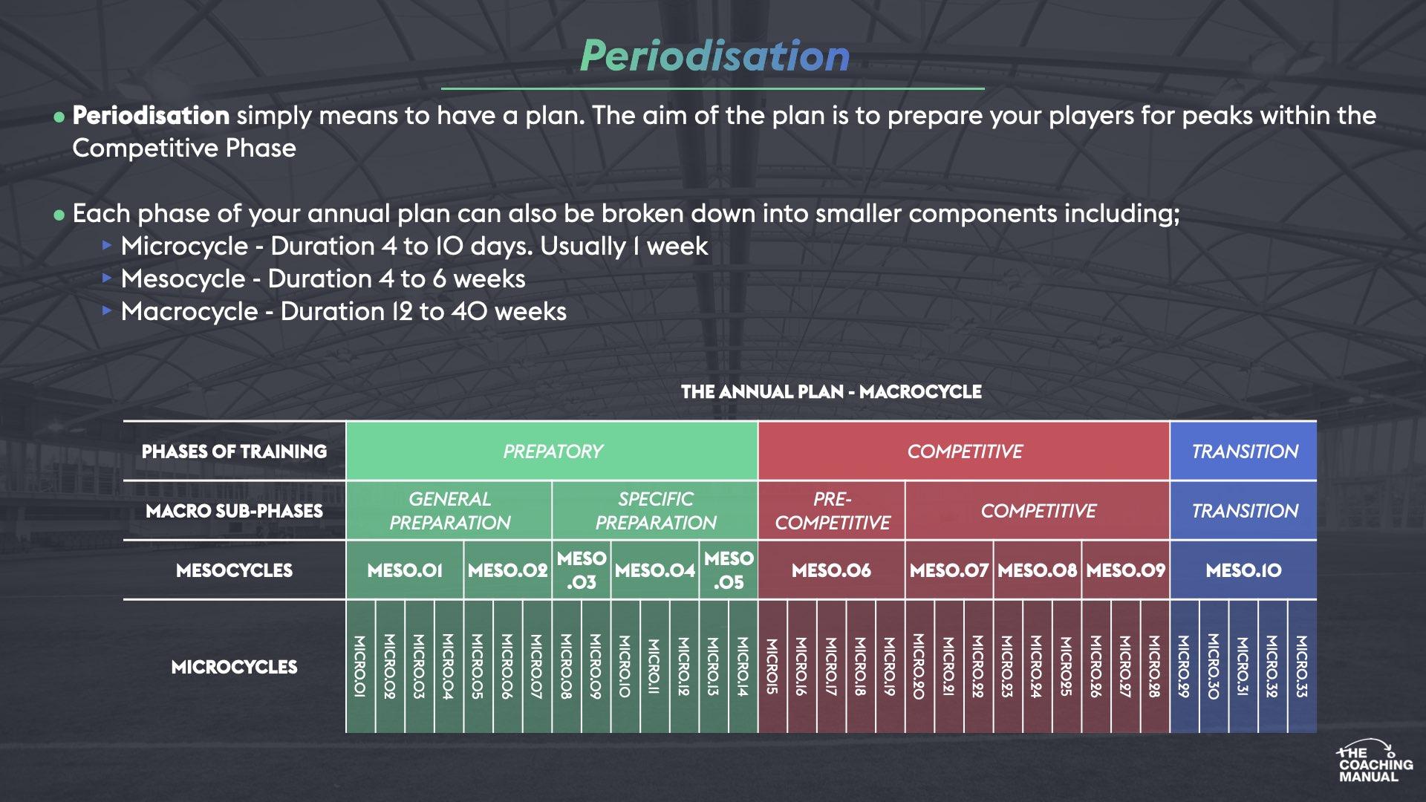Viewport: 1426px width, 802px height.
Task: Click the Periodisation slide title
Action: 714,56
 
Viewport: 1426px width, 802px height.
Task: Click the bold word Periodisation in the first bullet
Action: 151,116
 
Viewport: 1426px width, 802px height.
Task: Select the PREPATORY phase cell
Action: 553,451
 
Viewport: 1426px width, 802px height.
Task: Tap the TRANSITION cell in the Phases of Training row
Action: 1244,451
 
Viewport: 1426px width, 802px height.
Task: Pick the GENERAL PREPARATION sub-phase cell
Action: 449,511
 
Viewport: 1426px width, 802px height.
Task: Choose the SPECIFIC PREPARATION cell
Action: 655,511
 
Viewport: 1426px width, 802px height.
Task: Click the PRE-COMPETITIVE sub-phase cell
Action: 832,511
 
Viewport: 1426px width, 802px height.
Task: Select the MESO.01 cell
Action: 405,570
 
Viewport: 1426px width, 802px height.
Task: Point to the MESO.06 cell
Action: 831,570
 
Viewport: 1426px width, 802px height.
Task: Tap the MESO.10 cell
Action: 1243,570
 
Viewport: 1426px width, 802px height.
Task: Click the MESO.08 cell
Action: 1037,570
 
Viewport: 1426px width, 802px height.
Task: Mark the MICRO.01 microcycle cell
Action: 360,666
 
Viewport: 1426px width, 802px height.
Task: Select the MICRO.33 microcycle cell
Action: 1302,666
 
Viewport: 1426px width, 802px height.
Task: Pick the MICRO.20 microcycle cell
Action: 919,666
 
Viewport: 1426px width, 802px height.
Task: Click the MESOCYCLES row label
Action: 234,570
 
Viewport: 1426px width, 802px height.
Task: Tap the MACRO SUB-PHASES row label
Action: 234,511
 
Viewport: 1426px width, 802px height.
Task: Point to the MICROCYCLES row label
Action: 234,667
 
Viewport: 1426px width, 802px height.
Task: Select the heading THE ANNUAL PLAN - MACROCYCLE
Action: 831,392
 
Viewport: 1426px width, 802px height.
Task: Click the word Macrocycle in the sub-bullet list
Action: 189,312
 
